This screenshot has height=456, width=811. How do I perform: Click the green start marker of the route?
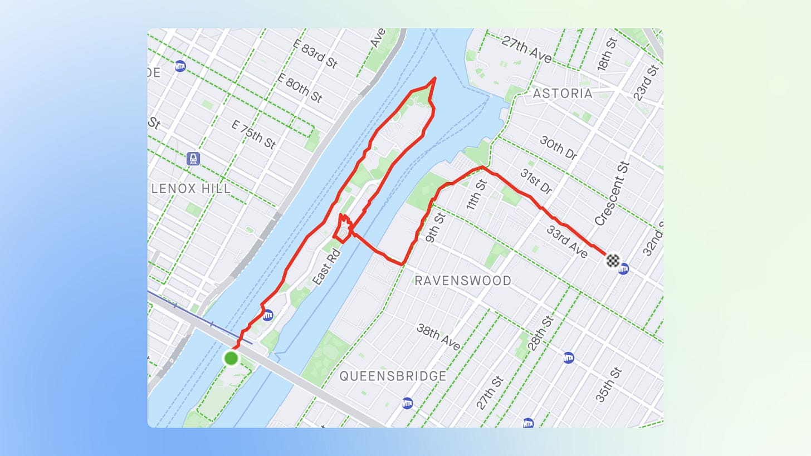click(x=231, y=358)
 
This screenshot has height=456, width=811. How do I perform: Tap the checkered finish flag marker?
click(x=613, y=260)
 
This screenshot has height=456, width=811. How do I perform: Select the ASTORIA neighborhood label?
click(x=563, y=93)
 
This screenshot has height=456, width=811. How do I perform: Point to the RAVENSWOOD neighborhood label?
click(x=463, y=281)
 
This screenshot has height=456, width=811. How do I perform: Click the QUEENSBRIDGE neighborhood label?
click(x=393, y=376)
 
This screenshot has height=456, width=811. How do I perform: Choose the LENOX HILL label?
click(x=191, y=189)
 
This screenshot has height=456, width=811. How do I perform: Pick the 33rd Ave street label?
click(x=567, y=242)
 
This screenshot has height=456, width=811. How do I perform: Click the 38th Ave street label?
click(x=439, y=337)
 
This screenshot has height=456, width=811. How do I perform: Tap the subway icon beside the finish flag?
click(x=623, y=269)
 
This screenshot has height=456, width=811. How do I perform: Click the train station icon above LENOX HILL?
click(x=193, y=159)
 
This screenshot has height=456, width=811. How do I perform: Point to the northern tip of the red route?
click(x=434, y=79)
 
